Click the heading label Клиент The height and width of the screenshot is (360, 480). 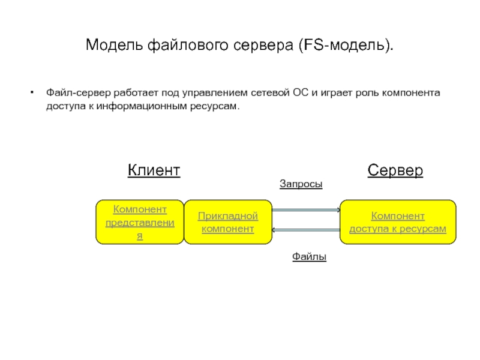tap(154, 170)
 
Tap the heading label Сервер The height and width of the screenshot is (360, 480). tap(395, 170)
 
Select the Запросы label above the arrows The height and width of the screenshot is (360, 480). tap(301, 185)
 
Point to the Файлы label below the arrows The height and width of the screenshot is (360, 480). tap(309, 257)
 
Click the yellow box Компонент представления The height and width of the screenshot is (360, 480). tap(140, 222)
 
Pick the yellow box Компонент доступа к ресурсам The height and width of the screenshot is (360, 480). tap(398, 222)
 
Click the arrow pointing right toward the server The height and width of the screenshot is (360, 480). tap(306, 210)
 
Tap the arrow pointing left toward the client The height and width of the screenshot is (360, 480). tap(306, 230)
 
